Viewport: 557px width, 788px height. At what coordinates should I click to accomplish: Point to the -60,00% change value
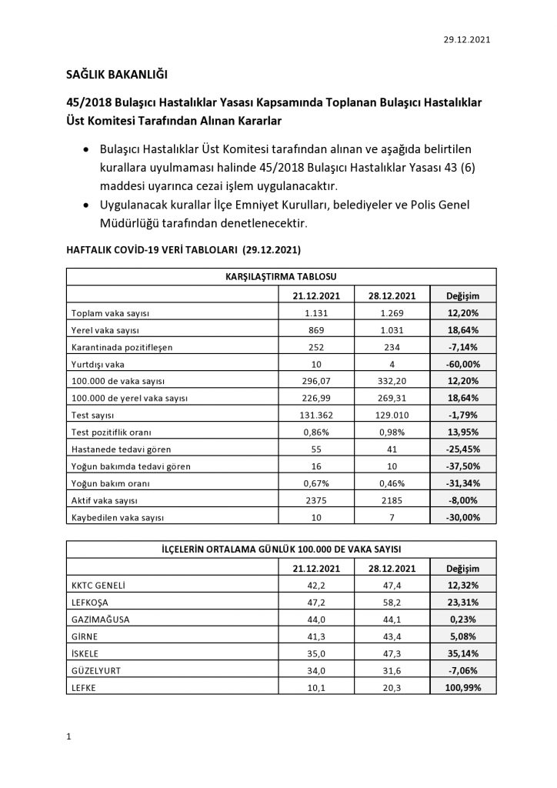tap(462, 364)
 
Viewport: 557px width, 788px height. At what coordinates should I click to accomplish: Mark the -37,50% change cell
tap(462, 466)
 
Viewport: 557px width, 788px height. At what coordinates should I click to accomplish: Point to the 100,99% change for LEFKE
tap(462, 687)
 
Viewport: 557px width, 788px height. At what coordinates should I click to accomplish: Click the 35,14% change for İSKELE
tap(462, 653)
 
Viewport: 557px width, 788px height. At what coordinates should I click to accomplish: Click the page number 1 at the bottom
tap(69, 738)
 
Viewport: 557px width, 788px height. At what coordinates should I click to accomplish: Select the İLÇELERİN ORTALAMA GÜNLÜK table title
tap(280, 549)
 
